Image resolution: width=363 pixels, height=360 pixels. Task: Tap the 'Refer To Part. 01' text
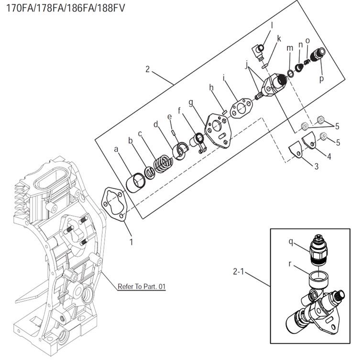point(142,287)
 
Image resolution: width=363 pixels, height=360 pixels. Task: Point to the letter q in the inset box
point(291,241)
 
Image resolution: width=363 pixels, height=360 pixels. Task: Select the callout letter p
point(321,77)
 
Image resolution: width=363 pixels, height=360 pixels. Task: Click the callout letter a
point(116,149)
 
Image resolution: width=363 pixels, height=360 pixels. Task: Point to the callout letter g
point(190,102)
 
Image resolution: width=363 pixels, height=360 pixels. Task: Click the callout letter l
point(272,23)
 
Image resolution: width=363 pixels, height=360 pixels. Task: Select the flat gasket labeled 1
point(115,202)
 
